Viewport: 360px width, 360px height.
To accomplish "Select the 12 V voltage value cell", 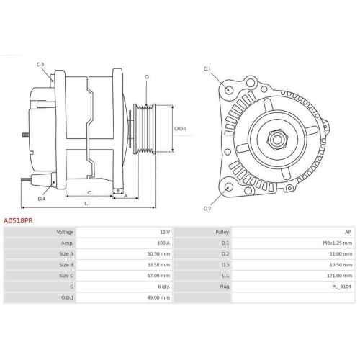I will [164, 233].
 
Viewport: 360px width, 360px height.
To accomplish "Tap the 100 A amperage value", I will [163, 243].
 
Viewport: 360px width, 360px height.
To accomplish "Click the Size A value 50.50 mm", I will [158, 254].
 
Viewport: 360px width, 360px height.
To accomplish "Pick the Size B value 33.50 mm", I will [158, 264].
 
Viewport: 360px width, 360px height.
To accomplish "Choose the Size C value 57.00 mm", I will [158, 275].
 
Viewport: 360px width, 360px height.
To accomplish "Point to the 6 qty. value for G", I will [161, 286].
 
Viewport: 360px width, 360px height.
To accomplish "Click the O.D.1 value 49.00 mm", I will [158, 297].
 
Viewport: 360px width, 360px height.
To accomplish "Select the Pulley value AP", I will [348, 233].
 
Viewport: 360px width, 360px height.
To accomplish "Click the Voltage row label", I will [65, 233].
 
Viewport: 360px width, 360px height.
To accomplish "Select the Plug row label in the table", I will [225, 286].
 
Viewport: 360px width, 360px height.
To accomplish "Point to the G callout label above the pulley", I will [146, 77].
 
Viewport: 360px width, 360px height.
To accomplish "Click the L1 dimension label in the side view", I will [87, 204].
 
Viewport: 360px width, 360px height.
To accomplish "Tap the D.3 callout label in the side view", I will [40, 66].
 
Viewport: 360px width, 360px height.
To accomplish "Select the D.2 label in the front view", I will [207, 208].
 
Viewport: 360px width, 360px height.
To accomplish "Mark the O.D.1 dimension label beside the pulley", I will [180, 129].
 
